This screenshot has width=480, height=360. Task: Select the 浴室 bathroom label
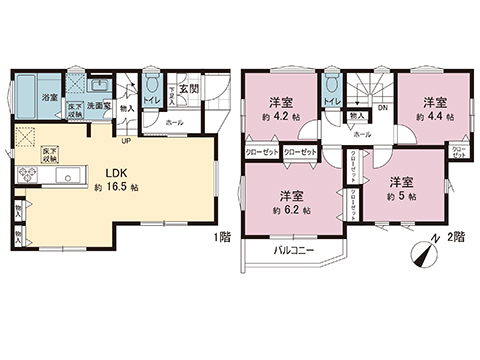(49, 97)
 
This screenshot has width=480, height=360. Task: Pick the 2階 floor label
(456, 239)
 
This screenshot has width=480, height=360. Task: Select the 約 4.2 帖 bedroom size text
(280, 116)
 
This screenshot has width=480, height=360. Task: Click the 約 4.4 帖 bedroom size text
(436, 116)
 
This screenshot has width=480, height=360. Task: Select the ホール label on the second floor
(361, 134)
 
